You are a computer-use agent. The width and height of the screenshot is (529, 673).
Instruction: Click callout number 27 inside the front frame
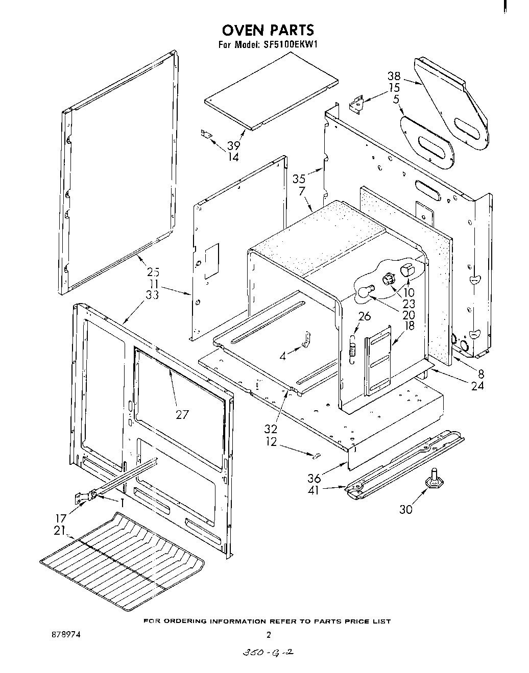tap(182, 414)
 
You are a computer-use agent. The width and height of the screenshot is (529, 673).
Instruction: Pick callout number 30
tap(406, 509)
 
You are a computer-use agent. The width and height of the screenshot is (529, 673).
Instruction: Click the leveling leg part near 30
tap(434, 479)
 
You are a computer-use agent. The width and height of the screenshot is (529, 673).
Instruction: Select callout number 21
tap(60, 531)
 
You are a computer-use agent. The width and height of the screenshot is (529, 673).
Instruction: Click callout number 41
tap(315, 490)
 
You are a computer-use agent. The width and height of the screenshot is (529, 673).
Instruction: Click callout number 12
tap(271, 442)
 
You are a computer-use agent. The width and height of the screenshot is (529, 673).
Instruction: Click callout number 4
tap(282, 356)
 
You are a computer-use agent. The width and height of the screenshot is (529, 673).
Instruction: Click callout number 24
tap(477, 386)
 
